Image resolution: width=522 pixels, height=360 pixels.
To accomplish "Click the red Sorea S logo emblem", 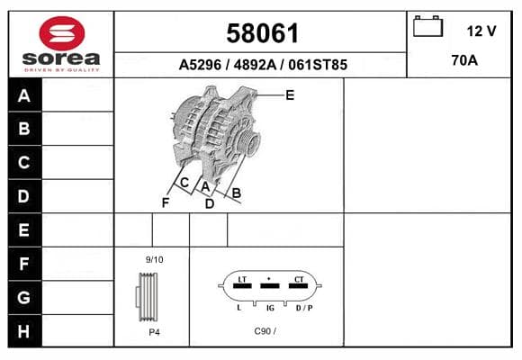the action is pyautogui.click(x=62, y=33).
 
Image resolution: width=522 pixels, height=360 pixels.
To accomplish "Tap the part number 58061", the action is pyautogui.click(x=262, y=33).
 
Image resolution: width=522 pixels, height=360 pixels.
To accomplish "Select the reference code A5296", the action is pyautogui.click(x=200, y=65).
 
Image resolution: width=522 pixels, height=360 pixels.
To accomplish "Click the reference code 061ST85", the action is pyautogui.click(x=318, y=65).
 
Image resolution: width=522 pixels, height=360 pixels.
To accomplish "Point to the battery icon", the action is pyautogui.click(x=427, y=26).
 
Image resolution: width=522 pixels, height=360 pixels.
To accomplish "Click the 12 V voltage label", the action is pyautogui.click(x=481, y=31).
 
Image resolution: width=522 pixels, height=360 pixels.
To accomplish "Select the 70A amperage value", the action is pyautogui.click(x=464, y=60).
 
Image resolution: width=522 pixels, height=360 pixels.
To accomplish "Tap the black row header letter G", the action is pyautogui.click(x=24, y=297).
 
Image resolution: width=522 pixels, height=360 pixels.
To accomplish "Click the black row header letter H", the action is pyautogui.click(x=24, y=331).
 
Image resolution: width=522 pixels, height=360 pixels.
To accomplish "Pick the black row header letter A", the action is pyautogui.click(x=24, y=96).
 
